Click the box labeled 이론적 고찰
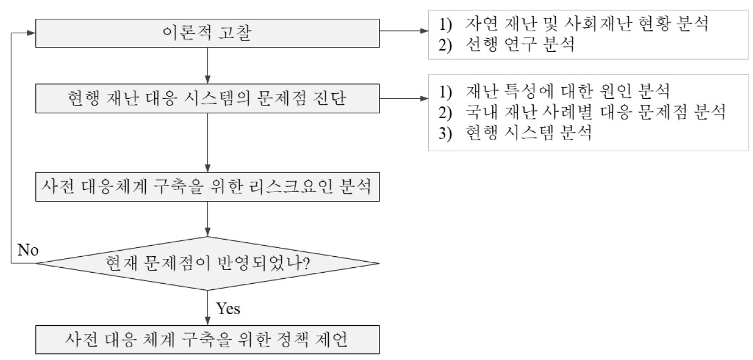(207, 33)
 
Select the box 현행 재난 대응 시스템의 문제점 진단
(207, 98)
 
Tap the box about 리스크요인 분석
(207, 187)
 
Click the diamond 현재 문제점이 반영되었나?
(207, 263)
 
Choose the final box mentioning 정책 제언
(207, 340)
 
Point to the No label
(28, 250)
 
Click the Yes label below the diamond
(228, 308)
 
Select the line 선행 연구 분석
(507, 44)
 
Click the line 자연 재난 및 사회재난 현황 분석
(573, 24)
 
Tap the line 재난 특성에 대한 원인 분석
(554, 91)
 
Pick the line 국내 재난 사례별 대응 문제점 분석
(582, 112)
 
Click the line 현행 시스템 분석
(515, 133)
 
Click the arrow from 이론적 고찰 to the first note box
(404, 31)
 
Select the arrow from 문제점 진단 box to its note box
(404, 98)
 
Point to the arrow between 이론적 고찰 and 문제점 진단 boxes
(207, 66)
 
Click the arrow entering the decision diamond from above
(207, 219)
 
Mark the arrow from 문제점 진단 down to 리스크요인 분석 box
(207, 142)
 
